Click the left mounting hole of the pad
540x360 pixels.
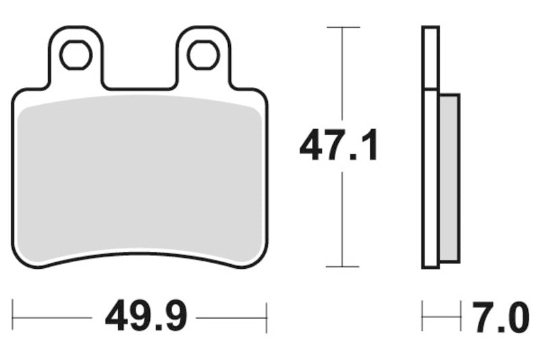pyautogui.click(x=76, y=55)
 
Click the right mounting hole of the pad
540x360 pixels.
pyautogui.click(x=202, y=55)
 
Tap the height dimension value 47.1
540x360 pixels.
pyautogui.click(x=339, y=147)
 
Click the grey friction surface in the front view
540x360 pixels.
pyautogui.click(x=140, y=179)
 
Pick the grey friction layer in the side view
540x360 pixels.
pyautogui.click(x=449, y=177)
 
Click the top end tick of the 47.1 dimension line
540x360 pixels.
pyautogui.click(x=344, y=28)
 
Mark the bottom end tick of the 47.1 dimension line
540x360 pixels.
pyautogui.click(x=344, y=267)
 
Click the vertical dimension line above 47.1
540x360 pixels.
pyautogui.click(x=344, y=74)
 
